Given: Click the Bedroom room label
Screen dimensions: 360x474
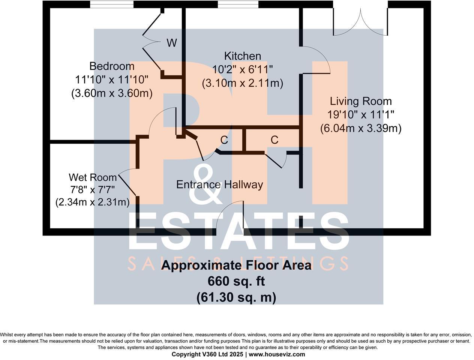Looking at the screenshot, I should click(112, 66).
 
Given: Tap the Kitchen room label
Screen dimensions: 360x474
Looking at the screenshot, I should click(242, 56).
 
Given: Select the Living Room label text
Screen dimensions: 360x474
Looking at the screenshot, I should click(361, 101).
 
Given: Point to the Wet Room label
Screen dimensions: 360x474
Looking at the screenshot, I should click(93, 177).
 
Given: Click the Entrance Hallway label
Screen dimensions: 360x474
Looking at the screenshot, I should click(219, 184).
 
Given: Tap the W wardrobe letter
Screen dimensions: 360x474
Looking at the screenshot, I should click(172, 43).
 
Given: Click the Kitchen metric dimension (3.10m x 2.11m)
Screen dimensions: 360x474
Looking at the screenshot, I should click(242, 83).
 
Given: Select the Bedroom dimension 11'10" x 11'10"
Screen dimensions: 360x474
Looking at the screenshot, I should click(112, 79).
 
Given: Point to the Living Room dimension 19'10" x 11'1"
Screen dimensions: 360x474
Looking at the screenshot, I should click(361, 115).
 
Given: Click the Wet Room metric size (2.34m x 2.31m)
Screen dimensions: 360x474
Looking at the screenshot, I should click(93, 202).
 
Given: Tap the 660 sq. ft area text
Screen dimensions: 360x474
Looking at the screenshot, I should click(236, 281).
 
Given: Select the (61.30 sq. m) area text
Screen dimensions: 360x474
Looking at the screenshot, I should click(236, 297).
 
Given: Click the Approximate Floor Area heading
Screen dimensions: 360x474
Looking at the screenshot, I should click(236, 265).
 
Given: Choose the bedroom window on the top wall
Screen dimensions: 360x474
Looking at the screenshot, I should click(112, 4).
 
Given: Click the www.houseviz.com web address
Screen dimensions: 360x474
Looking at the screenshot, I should click(277, 354).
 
